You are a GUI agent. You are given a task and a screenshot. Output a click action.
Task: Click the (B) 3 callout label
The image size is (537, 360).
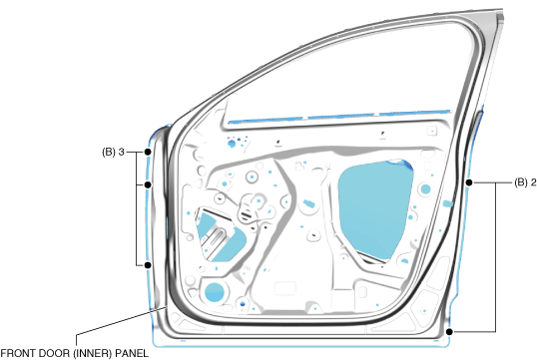tap(113, 152)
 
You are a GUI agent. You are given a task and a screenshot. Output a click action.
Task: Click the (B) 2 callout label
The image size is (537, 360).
tap(525, 182)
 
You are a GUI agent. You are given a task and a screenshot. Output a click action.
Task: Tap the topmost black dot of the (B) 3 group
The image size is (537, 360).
tap(148, 152)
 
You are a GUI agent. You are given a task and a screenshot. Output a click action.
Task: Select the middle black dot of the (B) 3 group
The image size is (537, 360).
tap(148, 184)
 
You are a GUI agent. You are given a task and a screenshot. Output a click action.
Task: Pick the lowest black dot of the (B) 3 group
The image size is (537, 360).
tap(148, 265)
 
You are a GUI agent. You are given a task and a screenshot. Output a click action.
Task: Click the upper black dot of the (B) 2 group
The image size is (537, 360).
tap(469, 182)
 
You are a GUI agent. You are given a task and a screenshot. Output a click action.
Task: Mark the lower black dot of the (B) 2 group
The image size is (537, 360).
tap(450, 332)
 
